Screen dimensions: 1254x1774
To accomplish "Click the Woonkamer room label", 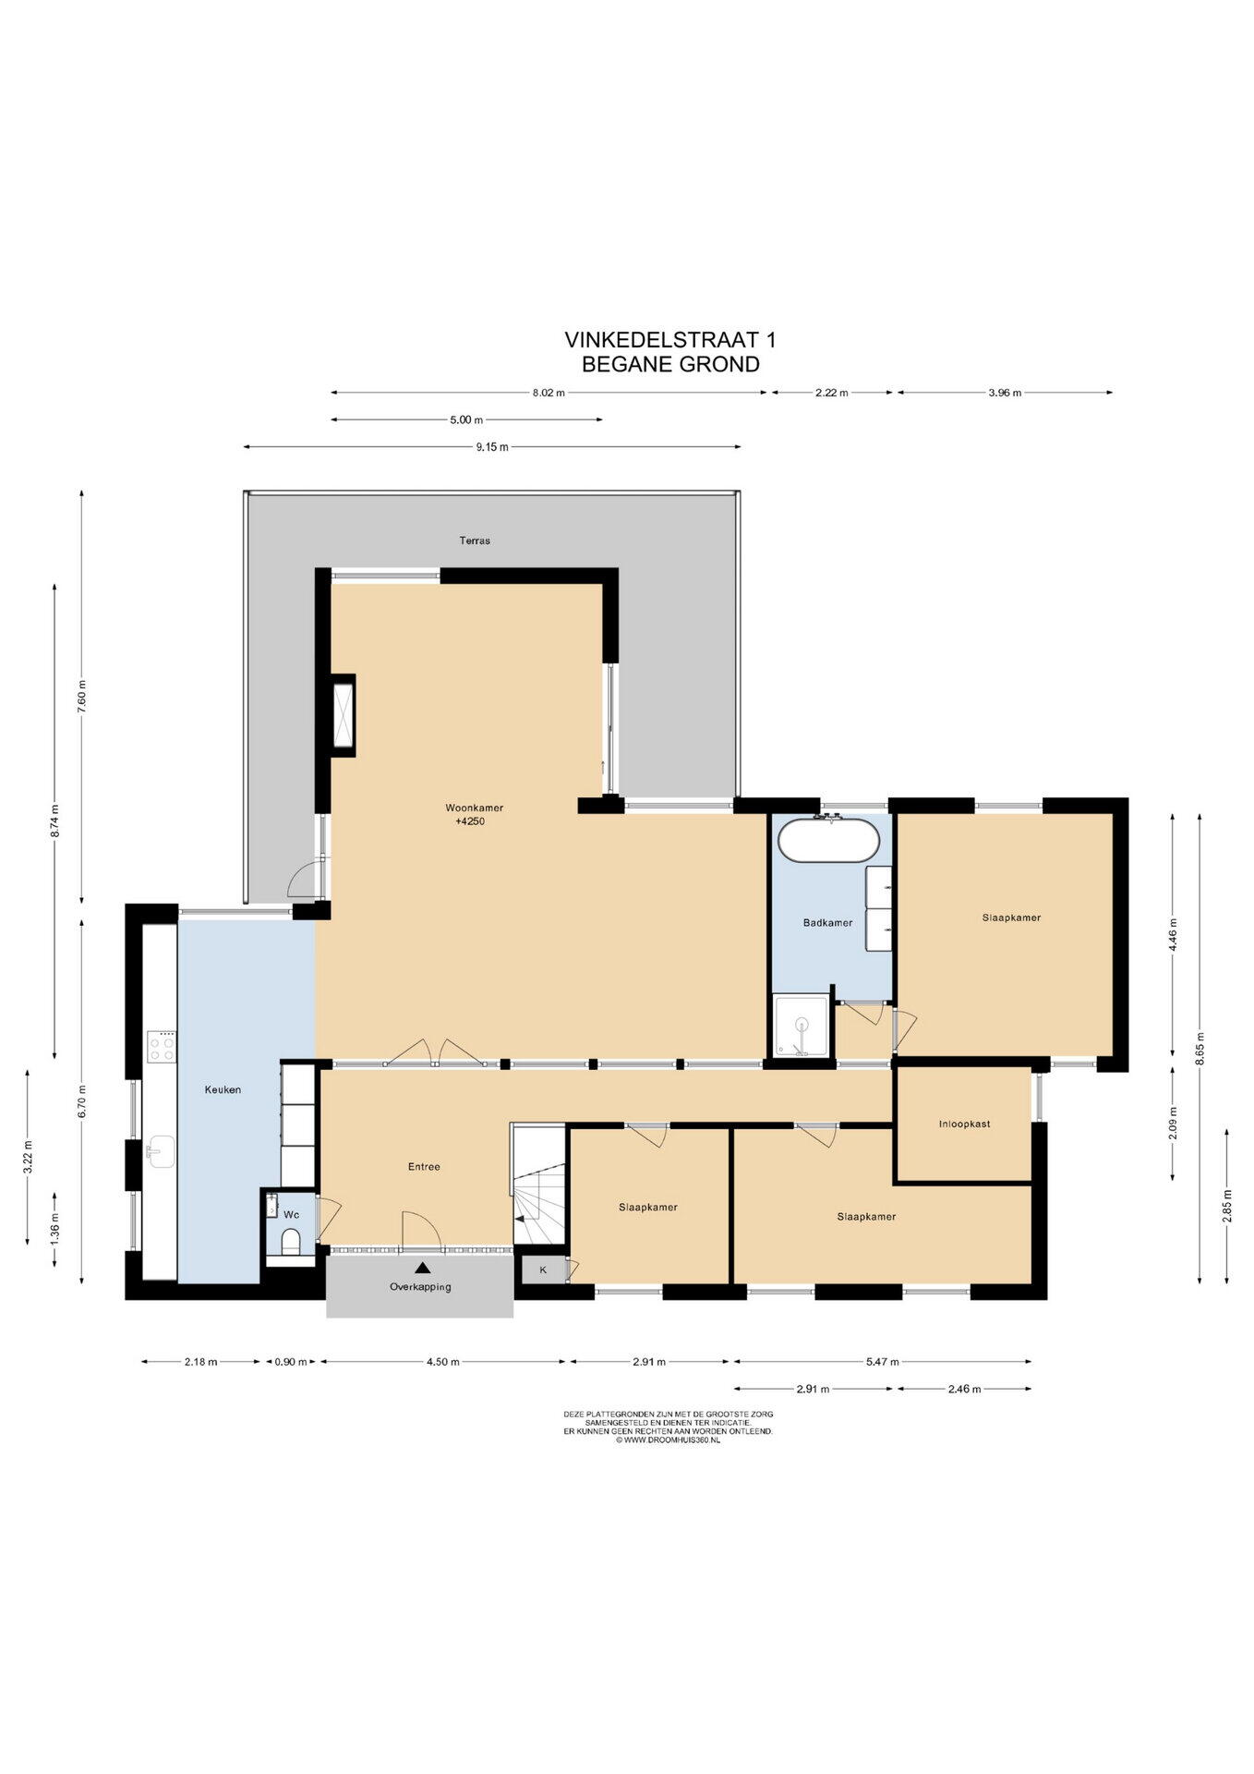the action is pyautogui.click(x=474, y=808).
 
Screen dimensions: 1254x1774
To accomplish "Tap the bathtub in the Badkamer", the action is pyautogui.click(x=829, y=840).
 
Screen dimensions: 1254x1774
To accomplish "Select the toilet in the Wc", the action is pyautogui.click(x=290, y=1240).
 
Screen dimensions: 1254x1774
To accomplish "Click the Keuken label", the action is pyautogui.click(x=223, y=1089).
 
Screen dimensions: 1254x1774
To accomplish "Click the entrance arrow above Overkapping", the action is pyautogui.click(x=422, y=1269).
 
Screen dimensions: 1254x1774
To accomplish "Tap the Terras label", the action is pyautogui.click(x=475, y=541).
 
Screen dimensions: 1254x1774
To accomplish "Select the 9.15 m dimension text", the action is pyautogui.click(x=492, y=447).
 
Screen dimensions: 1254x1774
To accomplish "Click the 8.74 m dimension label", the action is pyautogui.click(x=55, y=821).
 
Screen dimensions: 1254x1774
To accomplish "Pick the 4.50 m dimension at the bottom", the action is pyautogui.click(x=442, y=1361).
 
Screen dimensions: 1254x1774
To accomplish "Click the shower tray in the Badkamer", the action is pyautogui.click(x=802, y=1026).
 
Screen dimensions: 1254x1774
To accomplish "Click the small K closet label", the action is pyautogui.click(x=543, y=1270).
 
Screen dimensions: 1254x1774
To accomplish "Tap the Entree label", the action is pyautogui.click(x=424, y=1167).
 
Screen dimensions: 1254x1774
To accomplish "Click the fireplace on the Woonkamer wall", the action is pyautogui.click(x=343, y=715).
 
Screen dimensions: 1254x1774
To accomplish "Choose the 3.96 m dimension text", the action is pyautogui.click(x=1005, y=393).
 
